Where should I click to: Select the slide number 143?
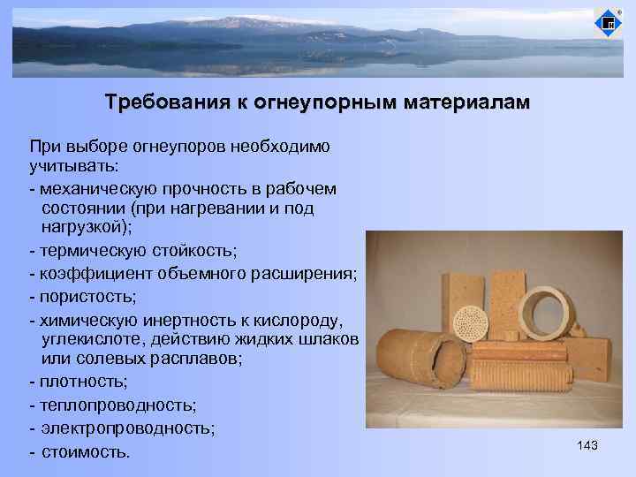[x=587, y=446]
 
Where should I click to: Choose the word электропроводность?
[x=125, y=428]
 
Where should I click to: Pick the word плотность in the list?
[x=81, y=382]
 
